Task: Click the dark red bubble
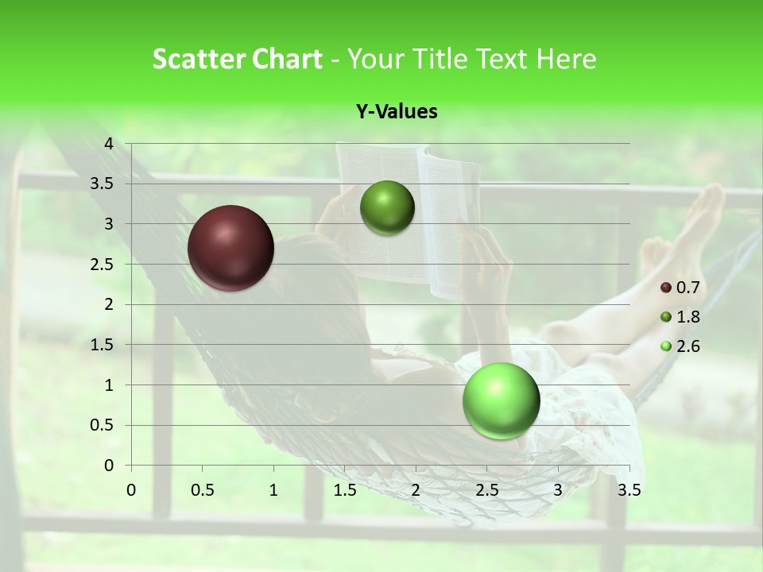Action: tap(231, 248)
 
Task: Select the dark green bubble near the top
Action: tap(387, 208)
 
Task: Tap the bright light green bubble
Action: tap(502, 400)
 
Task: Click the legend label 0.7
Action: tap(687, 288)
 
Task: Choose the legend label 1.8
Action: tap(687, 317)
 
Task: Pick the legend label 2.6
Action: tap(687, 346)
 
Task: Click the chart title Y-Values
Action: tap(397, 112)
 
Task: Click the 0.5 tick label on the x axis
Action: tap(203, 489)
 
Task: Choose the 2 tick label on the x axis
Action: tap(416, 489)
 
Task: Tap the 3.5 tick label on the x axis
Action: tap(629, 489)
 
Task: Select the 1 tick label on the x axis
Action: tap(273, 489)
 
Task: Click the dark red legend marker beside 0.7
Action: tap(666, 288)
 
